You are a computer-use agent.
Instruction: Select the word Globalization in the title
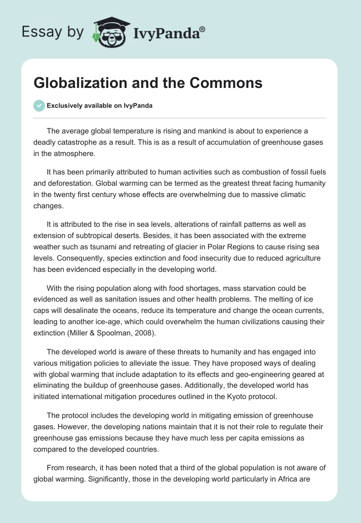click(77, 83)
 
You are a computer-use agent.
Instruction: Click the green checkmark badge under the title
click(39, 106)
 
